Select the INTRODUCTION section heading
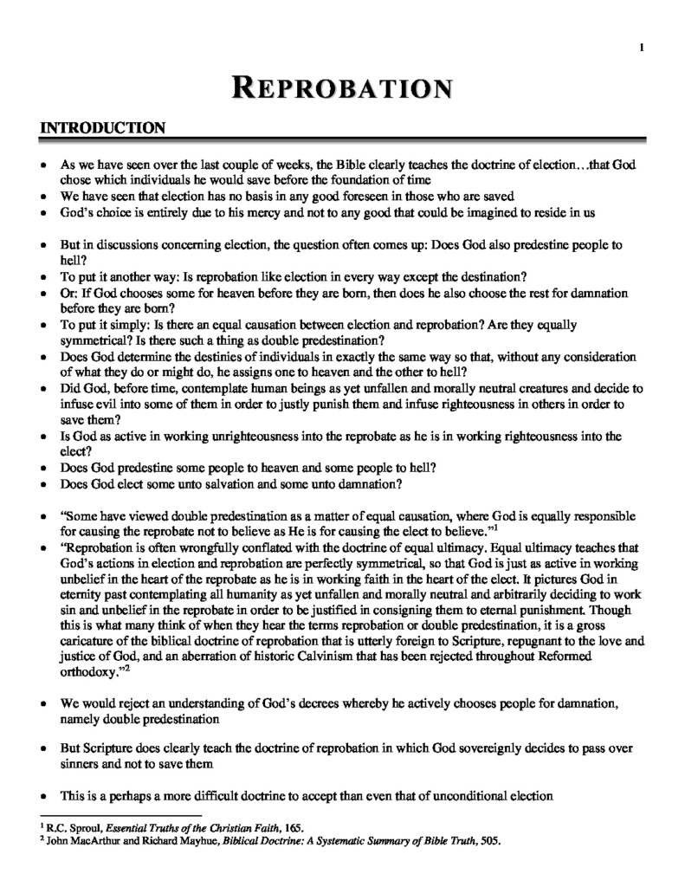pyautogui.click(x=103, y=129)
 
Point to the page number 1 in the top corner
pyautogui.click(x=642, y=48)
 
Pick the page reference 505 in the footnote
pyautogui.click(x=491, y=839)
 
